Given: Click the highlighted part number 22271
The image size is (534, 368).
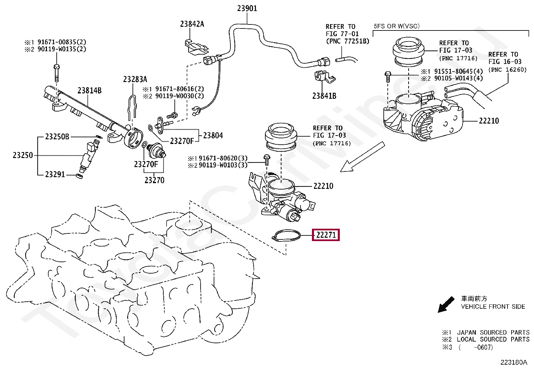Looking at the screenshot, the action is tap(326, 235).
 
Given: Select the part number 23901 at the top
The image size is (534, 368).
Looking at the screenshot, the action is tap(247, 9).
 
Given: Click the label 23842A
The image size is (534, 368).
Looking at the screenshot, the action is tap(192, 24).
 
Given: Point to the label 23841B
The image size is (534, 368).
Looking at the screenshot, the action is tap(324, 96).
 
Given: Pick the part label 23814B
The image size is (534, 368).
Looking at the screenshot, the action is tap(90, 90).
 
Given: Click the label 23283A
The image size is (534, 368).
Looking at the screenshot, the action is tap(135, 79).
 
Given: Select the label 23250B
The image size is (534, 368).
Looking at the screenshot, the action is tap(57, 137).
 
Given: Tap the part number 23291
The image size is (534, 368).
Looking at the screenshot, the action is tap(55, 174).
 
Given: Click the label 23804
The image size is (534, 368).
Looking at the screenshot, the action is tap(213, 135).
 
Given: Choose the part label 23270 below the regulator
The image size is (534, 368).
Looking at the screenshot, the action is tap(155, 180).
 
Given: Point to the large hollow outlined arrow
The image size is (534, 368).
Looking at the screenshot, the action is tap(362, 157).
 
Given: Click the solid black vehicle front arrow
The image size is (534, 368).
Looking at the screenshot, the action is tap(446, 304).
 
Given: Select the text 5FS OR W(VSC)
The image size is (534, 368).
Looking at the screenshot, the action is tap(397, 26).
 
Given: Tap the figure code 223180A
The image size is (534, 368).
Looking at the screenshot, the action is tap(514, 362).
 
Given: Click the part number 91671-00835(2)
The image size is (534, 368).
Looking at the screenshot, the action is tap(62, 42).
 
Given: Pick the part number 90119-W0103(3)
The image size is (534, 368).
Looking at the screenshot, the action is tap(223, 165).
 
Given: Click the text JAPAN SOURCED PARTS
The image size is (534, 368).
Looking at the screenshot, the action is tap(493, 332).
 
